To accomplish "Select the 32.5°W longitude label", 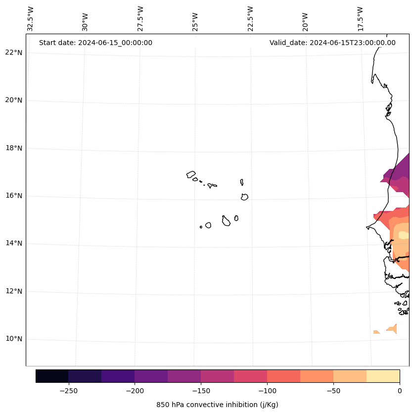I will [30, 19].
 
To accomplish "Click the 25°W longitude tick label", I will [195, 21].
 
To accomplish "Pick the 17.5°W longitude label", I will [360, 19].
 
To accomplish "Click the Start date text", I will [95, 43].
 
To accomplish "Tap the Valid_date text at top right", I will [332, 43].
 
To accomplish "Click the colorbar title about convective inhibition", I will [217, 405].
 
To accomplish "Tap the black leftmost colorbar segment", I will [52, 376].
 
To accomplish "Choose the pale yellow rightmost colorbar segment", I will [383, 376].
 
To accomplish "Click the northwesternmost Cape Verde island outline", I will [191, 174].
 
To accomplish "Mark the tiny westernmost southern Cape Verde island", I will [201, 227].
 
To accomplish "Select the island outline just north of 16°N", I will [244, 197].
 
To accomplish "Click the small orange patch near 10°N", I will [392, 329].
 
